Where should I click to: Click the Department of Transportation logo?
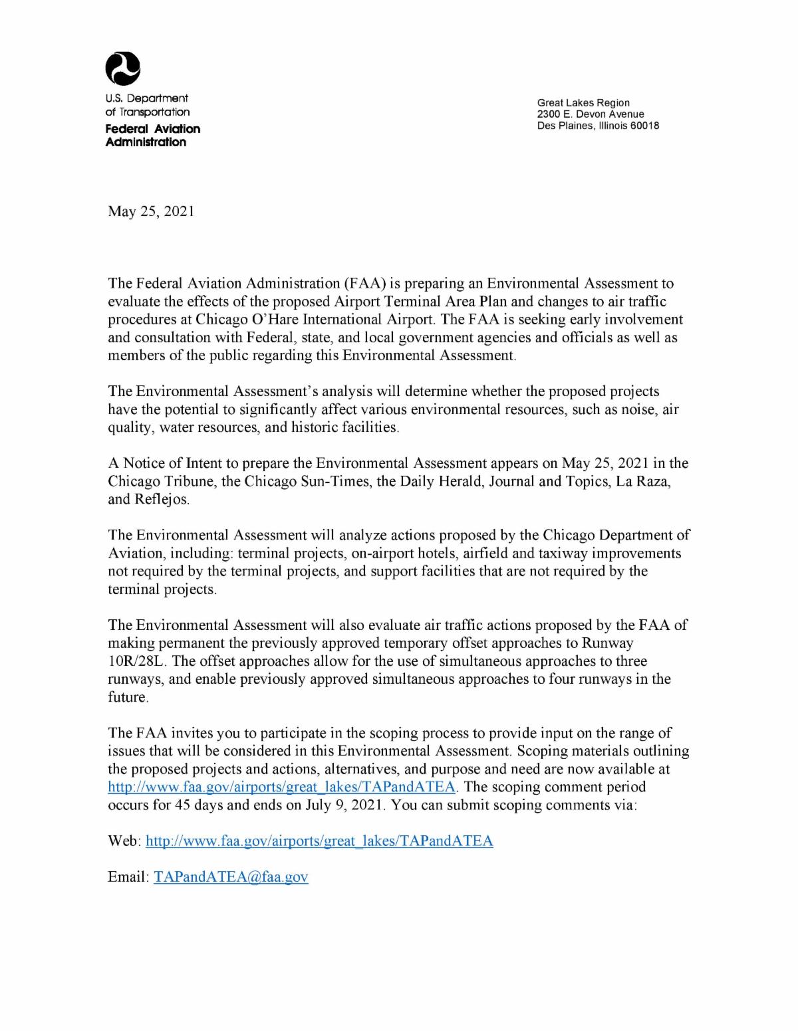(x=123, y=68)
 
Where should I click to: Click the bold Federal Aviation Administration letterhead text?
(x=152, y=135)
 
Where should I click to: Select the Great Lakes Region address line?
(x=583, y=102)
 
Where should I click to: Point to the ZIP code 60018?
(x=645, y=126)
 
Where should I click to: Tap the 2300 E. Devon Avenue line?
(x=591, y=114)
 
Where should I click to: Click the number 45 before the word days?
(x=184, y=805)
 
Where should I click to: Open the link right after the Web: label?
(x=319, y=841)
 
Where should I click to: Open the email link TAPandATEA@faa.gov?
(x=231, y=877)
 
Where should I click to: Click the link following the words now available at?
(x=282, y=787)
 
